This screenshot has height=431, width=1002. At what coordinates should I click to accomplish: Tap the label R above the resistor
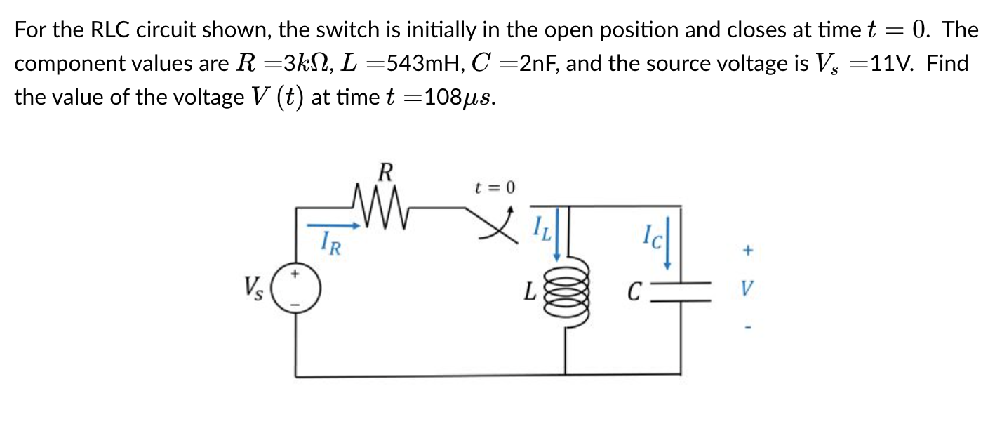click(385, 171)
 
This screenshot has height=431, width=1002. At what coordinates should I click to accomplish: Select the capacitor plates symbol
click(679, 289)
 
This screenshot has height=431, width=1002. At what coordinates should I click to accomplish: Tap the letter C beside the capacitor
click(634, 290)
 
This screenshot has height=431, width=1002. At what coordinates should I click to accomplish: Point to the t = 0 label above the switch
click(494, 187)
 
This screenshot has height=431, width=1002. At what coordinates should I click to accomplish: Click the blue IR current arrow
click(335, 226)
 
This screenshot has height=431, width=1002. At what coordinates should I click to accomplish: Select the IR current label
click(330, 245)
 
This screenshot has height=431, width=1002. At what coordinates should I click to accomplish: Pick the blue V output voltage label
click(748, 289)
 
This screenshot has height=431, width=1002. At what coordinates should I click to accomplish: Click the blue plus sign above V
click(748, 249)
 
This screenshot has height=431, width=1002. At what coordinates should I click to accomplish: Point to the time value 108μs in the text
click(460, 97)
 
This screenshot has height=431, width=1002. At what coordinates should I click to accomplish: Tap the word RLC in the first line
click(112, 30)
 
